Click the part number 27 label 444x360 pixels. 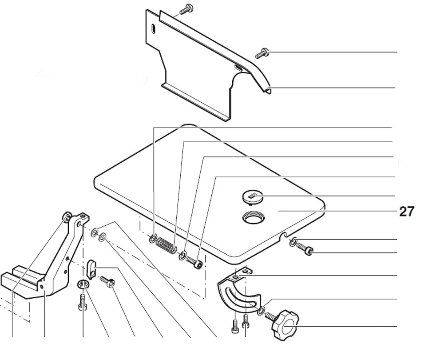click(x=406, y=212)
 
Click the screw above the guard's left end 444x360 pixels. click(x=186, y=8)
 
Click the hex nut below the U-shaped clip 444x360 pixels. click(x=83, y=284)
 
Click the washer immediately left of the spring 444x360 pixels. click(x=152, y=239)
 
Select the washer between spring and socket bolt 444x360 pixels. click(x=182, y=256)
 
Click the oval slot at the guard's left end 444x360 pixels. click(x=153, y=29)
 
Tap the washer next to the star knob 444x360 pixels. click(x=261, y=310)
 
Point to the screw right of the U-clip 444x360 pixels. click(x=107, y=281)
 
